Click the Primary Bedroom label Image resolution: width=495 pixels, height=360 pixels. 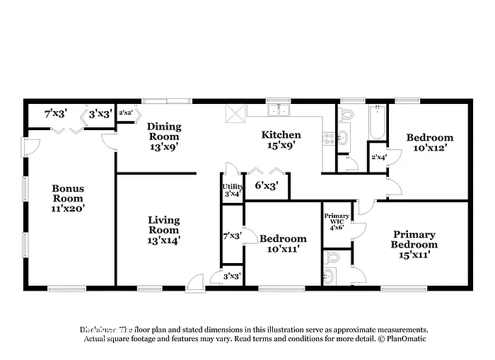point(414,240)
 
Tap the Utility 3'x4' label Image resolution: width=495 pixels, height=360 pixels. point(233,189)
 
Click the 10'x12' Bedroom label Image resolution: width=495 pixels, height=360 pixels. point(429,143)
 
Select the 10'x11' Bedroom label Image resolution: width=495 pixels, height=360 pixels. point(283,244)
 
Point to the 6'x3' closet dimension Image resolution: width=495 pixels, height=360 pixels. point(266,186)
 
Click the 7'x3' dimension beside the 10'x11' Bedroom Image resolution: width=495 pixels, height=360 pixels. point(232,235)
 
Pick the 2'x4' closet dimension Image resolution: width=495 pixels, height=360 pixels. point(379,157)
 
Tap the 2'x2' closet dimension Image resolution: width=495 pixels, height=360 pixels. point(125,112)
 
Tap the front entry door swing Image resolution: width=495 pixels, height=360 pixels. point(197,281)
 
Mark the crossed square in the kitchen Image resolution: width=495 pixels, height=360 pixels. point(235,112)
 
